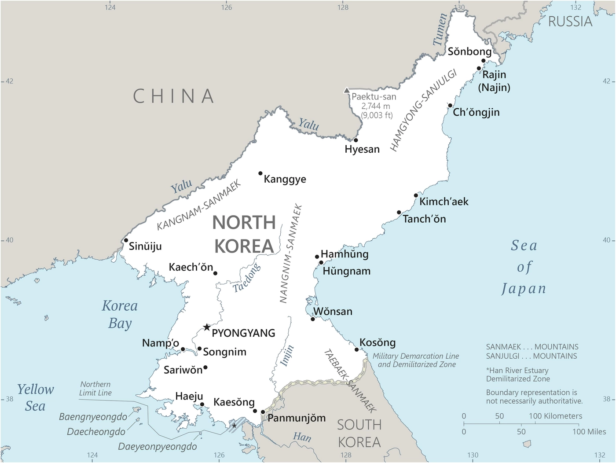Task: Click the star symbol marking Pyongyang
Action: [x=207, y=327]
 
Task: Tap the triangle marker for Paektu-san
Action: [x=347, y=91]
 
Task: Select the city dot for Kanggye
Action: [x=260, y=173]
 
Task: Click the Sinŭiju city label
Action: [x=145, y=246]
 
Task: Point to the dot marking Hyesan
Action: [x=356, y=140]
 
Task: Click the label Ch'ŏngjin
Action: [x=476, y=112]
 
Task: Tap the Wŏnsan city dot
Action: [x=313, y=319]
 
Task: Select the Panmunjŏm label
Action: [x=297, y=418]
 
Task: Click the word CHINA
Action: [x=174, y=96]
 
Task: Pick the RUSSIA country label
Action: [x=570, y=21]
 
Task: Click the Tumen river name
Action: [x=440, y=29]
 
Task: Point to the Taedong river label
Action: [x=246, y=278]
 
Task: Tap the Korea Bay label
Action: [x=120, y=314]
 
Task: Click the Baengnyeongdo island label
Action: [x=93, y=417]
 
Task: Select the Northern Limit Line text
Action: [x=95, y=389]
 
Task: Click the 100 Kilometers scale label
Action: [x=555, y=416]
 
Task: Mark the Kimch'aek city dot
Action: [x=416, y=195]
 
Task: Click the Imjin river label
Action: [x=287, y=356]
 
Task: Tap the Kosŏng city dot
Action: [x=357, y=349]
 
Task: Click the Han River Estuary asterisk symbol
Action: [x=234, y=426]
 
